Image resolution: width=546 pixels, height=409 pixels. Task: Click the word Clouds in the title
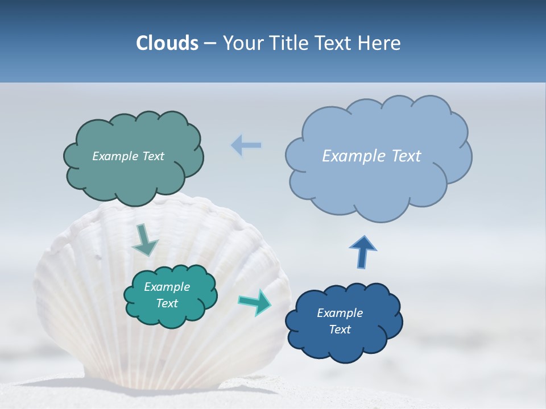(167, 43)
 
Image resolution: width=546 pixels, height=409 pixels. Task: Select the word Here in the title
(380, 43)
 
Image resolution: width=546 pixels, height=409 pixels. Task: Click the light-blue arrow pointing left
(246, 145)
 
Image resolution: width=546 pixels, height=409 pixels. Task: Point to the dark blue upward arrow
(362, 251)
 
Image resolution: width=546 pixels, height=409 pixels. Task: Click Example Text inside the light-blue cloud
(371, 156)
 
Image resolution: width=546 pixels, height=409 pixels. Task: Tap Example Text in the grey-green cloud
(128, 156)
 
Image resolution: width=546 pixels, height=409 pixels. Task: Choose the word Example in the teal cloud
(167, 287)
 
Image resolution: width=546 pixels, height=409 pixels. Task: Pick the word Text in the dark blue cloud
(340, 329)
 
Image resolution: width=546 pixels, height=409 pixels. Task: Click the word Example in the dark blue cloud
(340, 313)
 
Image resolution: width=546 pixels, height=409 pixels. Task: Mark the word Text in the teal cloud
(167, 303)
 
